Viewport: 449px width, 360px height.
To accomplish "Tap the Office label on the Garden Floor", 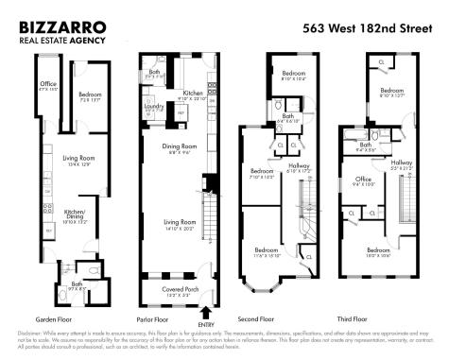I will click(48, 85).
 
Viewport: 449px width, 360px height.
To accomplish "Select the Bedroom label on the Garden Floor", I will click(91, 94).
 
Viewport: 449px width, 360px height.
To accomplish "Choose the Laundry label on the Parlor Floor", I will click(154, 107).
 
